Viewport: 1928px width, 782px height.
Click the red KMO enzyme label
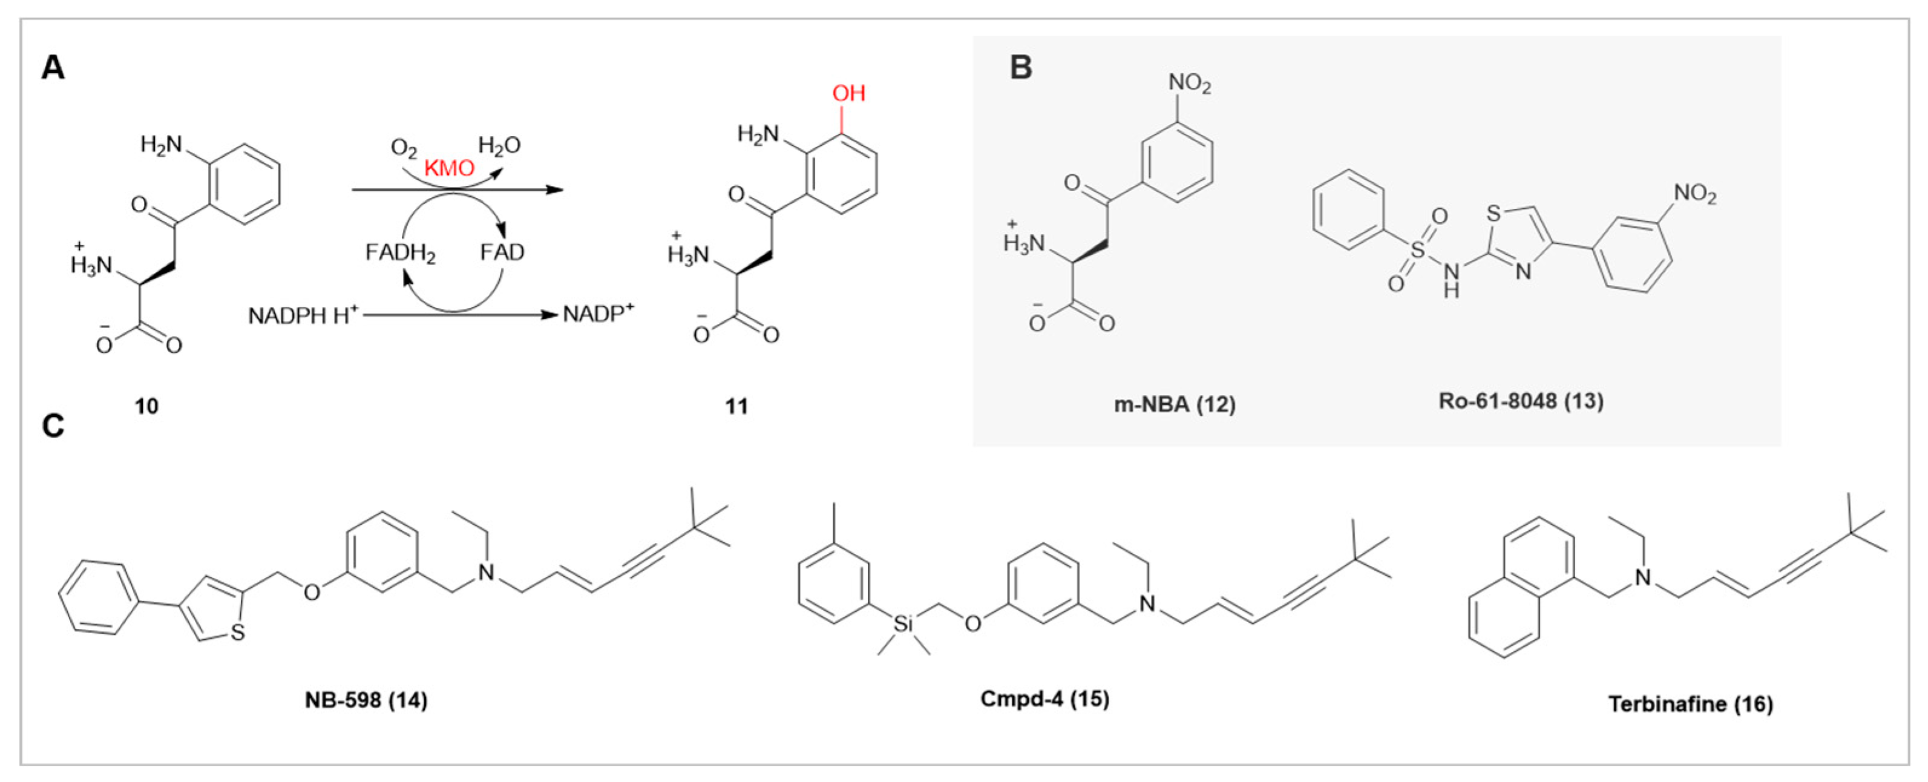pos(449,168)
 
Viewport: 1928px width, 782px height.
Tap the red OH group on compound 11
pos(849,94)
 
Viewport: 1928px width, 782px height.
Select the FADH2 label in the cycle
pos(401,253)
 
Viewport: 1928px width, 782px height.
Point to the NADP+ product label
pos(598,314)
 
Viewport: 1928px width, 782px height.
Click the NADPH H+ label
pos(303,316)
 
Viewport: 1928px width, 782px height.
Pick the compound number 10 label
pos(146,406)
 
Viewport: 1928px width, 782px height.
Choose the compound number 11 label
pos(736,406)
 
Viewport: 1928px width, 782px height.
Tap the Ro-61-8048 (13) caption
pos(1521,401)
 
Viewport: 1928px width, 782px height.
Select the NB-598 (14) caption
pos(366,700)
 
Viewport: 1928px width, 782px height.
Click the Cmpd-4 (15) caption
pos(1045,699)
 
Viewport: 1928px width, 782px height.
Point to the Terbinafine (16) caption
pos(1691,703)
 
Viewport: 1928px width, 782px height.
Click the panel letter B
pos(1021,67)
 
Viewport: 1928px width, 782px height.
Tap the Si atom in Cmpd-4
pos(903,623)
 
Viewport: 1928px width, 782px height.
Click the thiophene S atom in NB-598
pos(238,633)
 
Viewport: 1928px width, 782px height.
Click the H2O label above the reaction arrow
pos(499,145)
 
